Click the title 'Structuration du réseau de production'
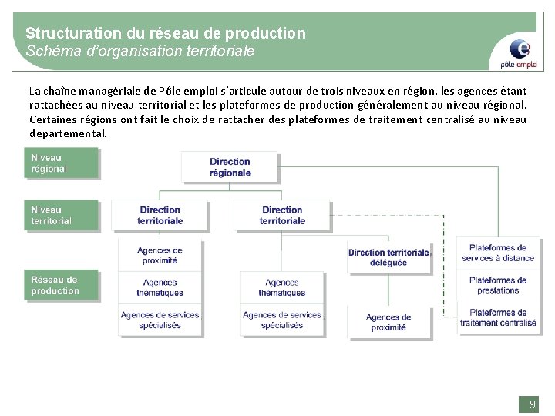(x=166, y=33)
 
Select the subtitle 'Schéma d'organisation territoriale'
(x=140, y=52)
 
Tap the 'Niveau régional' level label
(x=61, y=163)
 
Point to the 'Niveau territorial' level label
(x=61, y=215)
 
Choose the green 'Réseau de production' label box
(x=61, y=285)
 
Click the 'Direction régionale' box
(x=230, y=167)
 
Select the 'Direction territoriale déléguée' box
(x=388, y=257)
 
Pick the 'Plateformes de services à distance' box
(x=498, y=253)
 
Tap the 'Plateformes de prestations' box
(x=498, y=285)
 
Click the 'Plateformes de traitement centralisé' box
(x=498, y=317)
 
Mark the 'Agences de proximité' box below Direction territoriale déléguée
(x=388, y=322)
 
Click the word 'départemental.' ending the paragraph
(x=69, y=133)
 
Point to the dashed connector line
(x=443, y=262)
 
